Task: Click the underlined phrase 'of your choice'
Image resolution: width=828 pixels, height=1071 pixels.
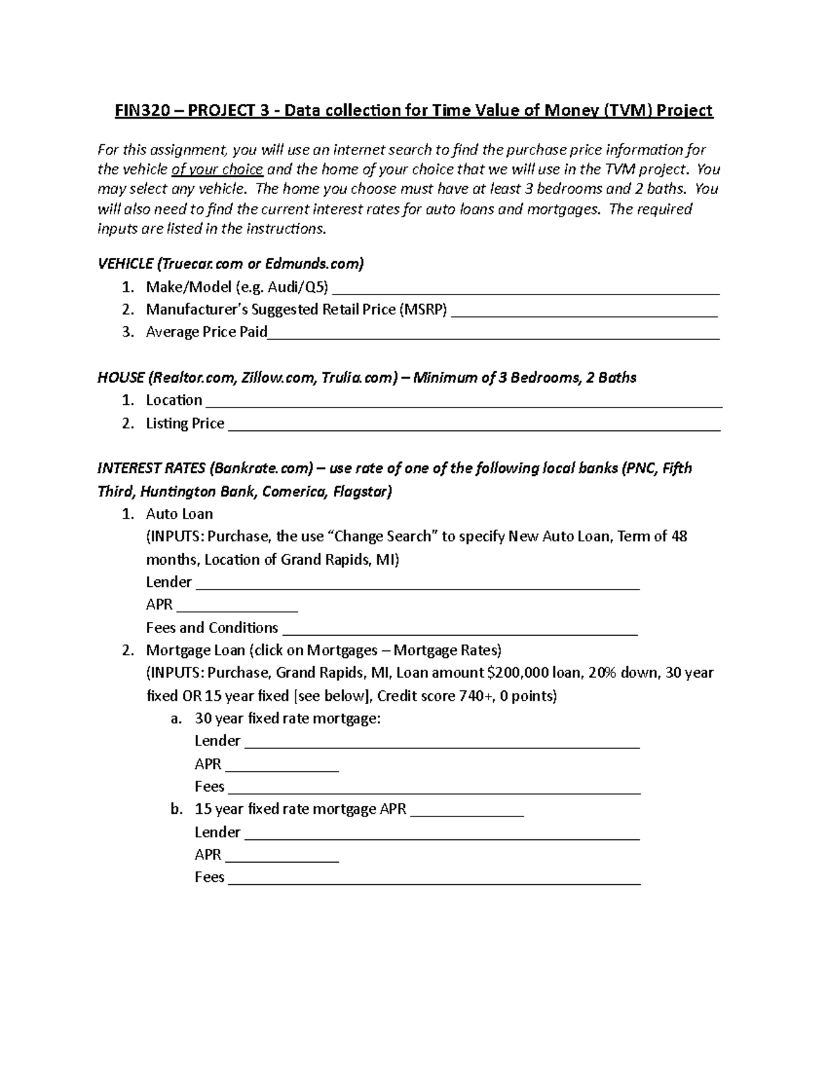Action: pos(217,170)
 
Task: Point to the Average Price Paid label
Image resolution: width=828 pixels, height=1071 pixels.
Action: pos(206,332)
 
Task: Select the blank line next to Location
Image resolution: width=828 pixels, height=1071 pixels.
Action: pos(464,401)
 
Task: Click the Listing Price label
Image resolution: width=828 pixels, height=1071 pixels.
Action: pos(185,424)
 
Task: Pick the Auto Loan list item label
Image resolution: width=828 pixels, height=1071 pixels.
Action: pos(179,514)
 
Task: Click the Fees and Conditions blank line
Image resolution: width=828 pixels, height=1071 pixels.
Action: pos(460,629)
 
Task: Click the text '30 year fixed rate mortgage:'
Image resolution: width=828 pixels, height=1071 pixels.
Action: pos(288,719)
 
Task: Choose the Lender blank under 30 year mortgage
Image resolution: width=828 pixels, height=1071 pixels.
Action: pos(442,742)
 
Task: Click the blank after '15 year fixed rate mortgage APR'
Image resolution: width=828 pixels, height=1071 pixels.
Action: pos(467,810)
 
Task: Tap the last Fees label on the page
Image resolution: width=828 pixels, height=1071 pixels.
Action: pos(210,878)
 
